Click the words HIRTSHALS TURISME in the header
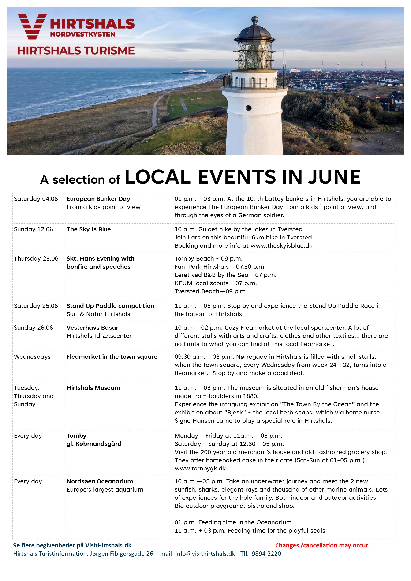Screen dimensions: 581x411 [76, 51]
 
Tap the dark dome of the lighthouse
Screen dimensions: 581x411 [255, 33]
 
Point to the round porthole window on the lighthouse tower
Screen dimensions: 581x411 [249, 108]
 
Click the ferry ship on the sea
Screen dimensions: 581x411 [193, 72]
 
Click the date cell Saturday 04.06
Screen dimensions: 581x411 [36, 199]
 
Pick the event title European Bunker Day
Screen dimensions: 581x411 [98, 199]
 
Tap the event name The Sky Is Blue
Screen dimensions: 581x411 [89, 229]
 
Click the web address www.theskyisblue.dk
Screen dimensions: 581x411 [281, 246]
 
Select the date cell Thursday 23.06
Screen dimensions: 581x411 [36, 259]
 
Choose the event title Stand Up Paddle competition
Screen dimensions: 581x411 [110, 306]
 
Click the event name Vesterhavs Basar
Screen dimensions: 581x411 [92, 328]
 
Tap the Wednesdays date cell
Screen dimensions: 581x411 [32, 357]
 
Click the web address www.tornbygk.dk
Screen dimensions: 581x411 [200, 468]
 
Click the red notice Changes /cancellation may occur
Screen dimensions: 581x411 [321, 545]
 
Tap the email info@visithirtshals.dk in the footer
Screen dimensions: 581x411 [205, 554]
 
